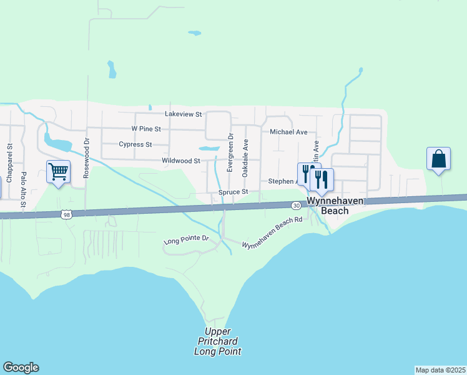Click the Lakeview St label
click(x=183, y=114)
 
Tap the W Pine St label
click(x=146, y=129)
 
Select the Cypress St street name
click(x=135, y=144)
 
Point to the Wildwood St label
click(x=180, y=161)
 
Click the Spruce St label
click(x=234, y=192)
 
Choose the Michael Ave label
click(x=288, y=132)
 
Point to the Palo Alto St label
click(x=24, y=189)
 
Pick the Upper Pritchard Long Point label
click(x=217, y=341)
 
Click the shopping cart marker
click(x=58, y=171)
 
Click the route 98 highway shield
click(x=67, y=214)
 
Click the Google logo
click(x=21, y=367)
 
